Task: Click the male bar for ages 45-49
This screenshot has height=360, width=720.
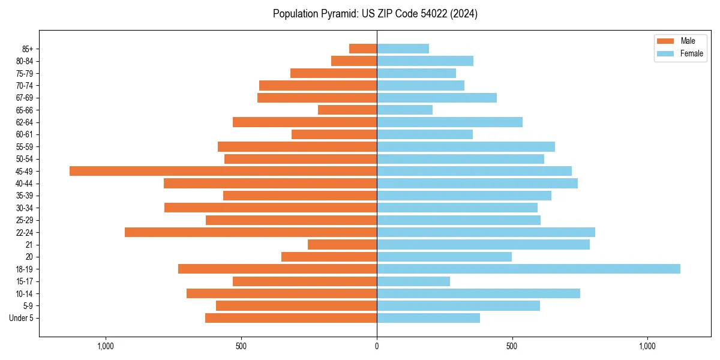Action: [223, 171]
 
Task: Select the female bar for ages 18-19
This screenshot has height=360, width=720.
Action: [528, 269]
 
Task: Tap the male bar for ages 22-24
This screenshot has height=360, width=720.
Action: [251, 232]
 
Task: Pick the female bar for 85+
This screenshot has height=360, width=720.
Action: [403, 49]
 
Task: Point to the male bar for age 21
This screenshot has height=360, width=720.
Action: [342, 245]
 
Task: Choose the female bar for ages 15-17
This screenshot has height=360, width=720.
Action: [413, 281]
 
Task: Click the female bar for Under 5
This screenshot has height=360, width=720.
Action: [428, 318]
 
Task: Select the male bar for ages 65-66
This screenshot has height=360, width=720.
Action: [347, 110]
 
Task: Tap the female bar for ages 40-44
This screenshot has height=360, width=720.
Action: [477, 183]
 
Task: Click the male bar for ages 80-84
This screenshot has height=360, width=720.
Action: [354, 61]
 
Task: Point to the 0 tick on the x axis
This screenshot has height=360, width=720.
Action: [377, 346]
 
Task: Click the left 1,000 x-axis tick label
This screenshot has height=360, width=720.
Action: [106, 346]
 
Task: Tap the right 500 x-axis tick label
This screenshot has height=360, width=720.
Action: [512, 346]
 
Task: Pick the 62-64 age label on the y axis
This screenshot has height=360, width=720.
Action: [25, 122]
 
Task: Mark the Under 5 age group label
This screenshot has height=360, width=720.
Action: [21, 318]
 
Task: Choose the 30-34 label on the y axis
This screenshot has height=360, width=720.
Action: [25, 208]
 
